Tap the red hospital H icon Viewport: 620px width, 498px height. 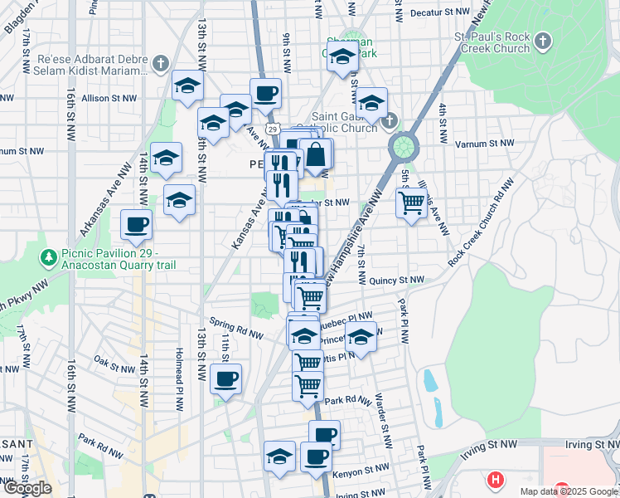coord(496,480)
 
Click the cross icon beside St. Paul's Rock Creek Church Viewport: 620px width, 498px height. coord(542,41)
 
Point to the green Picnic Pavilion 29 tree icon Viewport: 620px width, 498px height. coord(49,259)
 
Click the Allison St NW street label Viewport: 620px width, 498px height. coord(108,98)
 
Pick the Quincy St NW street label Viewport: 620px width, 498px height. coord(397,281)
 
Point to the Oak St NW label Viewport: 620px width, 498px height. coord(114,361)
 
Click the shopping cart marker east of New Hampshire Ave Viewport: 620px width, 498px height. coord(411,201)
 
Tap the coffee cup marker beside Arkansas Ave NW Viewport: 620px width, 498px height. coord(136,223)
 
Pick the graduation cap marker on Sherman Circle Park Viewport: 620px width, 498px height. coord(342,57)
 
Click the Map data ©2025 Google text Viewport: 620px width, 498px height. coord(568,491)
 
